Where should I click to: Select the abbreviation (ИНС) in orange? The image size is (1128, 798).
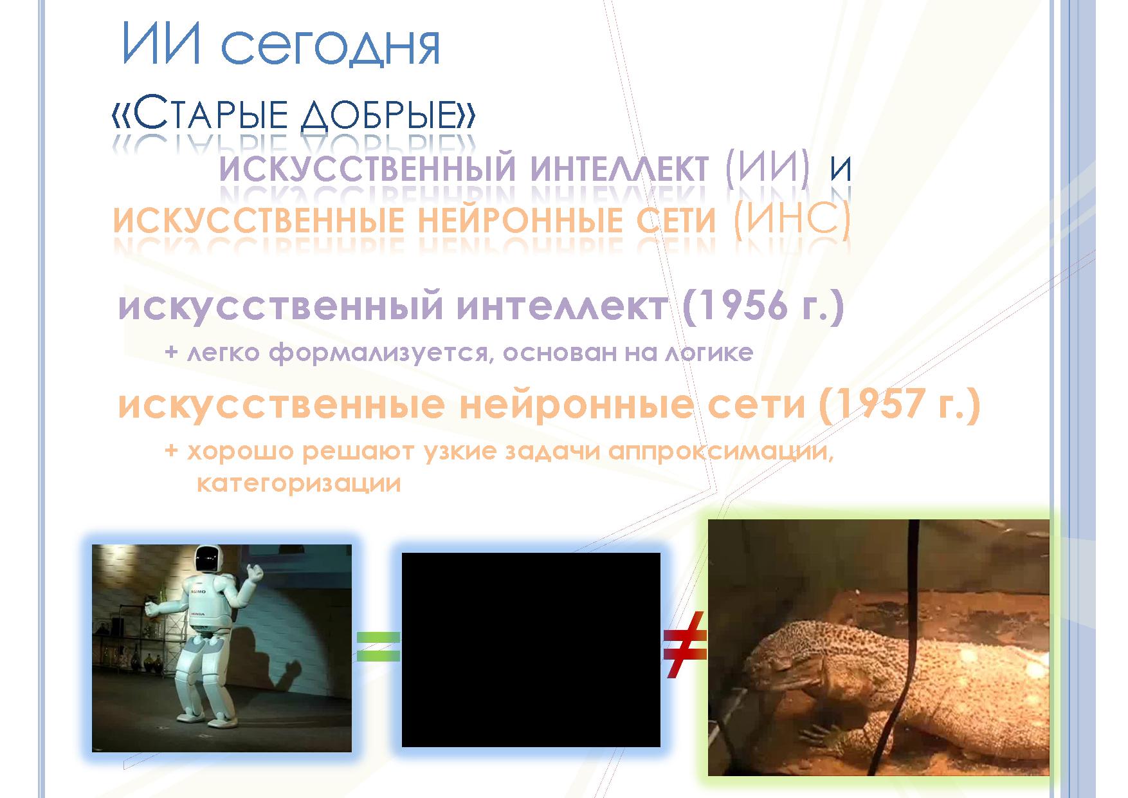pos(792,220)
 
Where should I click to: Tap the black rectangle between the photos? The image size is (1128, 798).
pos(531,649)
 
